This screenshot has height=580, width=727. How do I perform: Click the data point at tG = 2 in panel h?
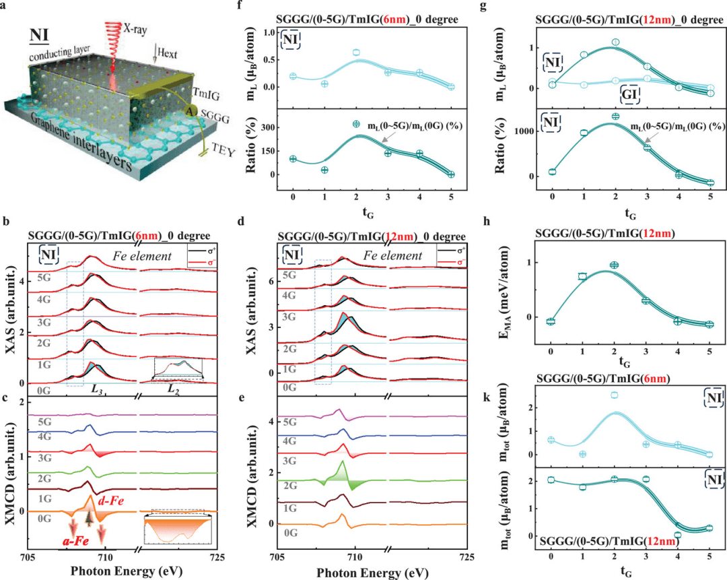[x=614, y=265]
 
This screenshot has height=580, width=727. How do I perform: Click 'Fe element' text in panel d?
[x=393, y=256]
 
